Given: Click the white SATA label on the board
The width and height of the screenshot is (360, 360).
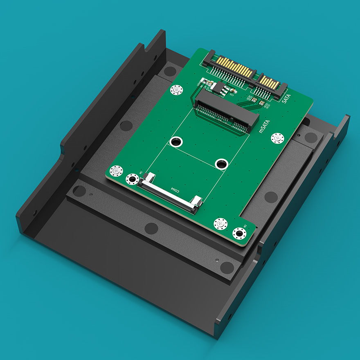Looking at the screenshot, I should point(285,98).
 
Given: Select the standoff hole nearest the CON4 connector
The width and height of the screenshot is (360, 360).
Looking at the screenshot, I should point(222,164).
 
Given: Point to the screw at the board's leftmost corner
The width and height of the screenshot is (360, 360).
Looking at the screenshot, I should point(117,170).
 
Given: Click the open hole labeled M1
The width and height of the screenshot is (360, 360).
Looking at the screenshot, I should point(132,179).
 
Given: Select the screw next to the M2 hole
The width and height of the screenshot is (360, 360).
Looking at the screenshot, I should point(221,223).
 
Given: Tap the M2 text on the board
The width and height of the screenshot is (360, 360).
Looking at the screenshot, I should point(245,226).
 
